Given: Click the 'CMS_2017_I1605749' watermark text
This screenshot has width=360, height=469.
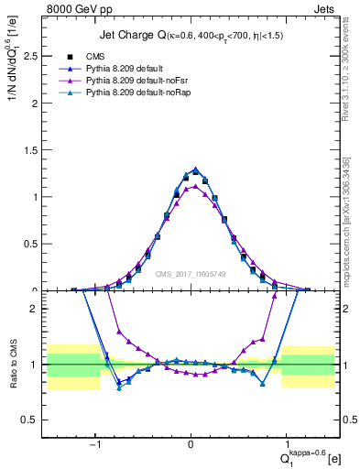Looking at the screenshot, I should click(191, 274).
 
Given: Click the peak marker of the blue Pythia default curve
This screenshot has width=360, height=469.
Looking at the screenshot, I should click(195, 169).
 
